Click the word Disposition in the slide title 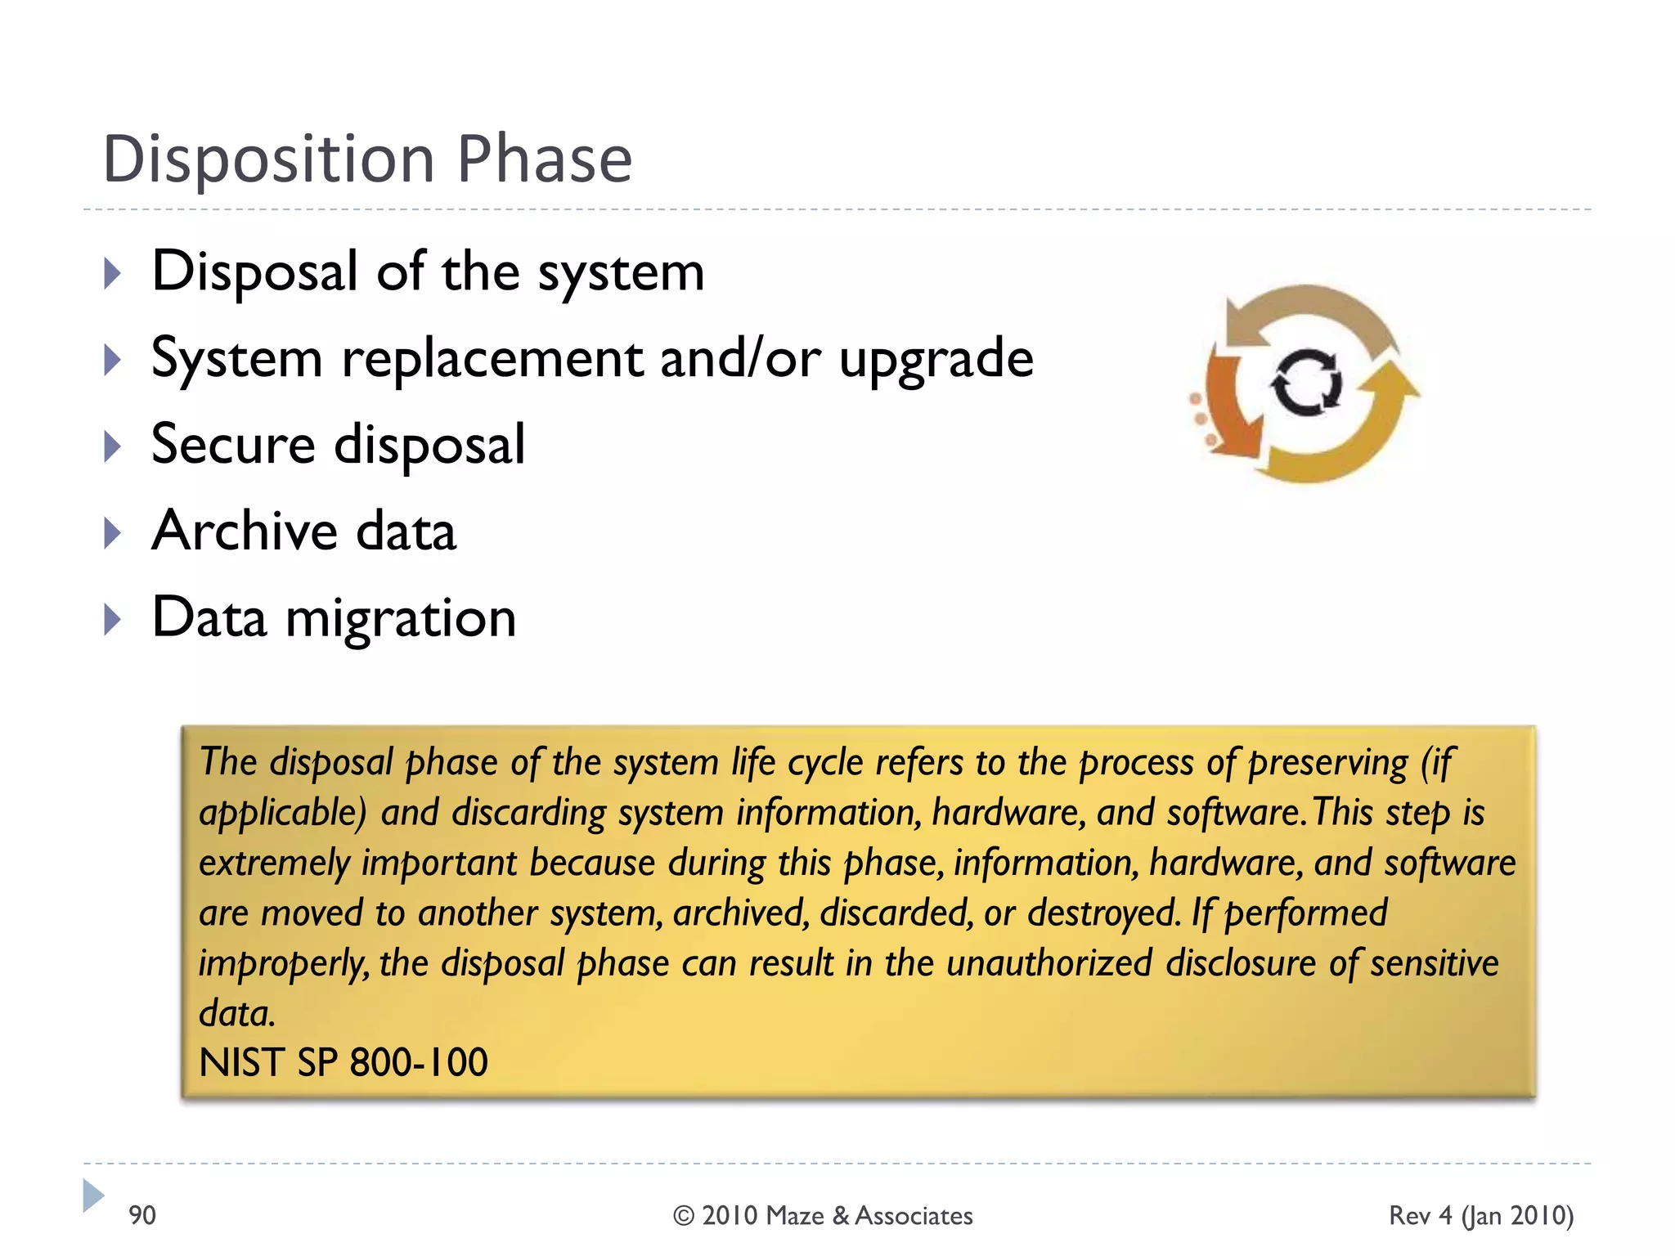[268, 159]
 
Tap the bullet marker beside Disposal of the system [113, 273]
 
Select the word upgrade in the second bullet [936, 360]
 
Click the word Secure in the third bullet [233, 445]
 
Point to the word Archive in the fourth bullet [244, 532]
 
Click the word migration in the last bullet [401, 619]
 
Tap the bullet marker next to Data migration [113, 620]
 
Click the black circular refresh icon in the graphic [1306, 383]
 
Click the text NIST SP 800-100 [344, 1063]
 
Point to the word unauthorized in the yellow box [1049, 963]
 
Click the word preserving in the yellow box [1327, 763]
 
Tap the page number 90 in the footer [142, 1216]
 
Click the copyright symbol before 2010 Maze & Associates [684, 1217]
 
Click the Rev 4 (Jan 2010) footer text [1480, 1216]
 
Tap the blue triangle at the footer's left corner [92, 1195]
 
